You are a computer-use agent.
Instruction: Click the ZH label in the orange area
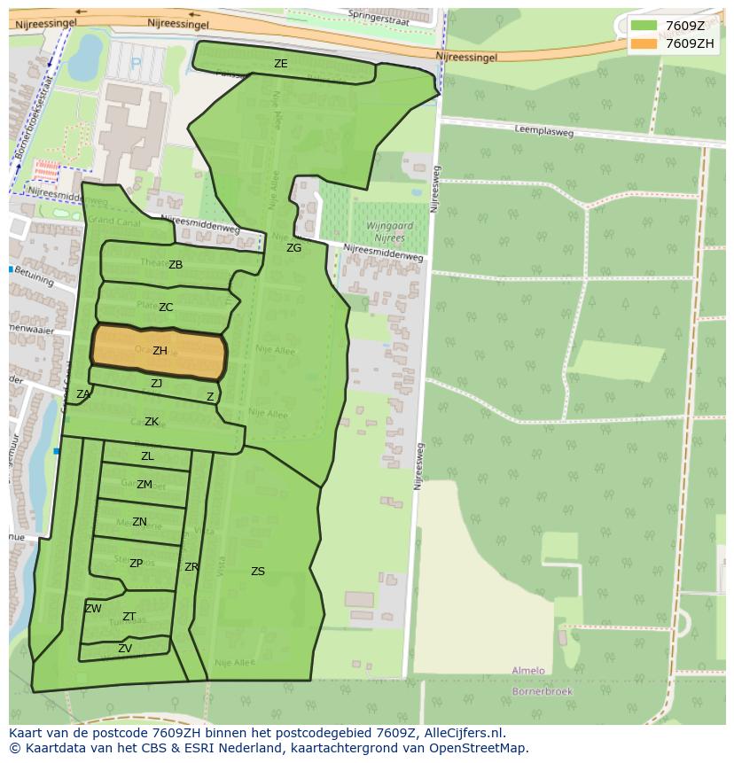pyautogui.click(x=160, y=351)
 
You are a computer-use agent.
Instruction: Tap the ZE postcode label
pyautogui.click(x=280, y=64)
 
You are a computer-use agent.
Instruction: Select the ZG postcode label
pyautogui.click(x=293, y=248)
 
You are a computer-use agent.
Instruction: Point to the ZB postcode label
pyautogui.click(x=176, y=265)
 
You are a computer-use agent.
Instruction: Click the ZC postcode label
pyautogui.click(x=166, y=308)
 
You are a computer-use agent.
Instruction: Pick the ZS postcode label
pyautogui.click(x=257, y=572)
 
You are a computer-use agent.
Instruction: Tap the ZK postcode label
pyautogui.click(x=152, y=422)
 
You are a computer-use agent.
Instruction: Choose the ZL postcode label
pyautogui.click(x=147, y=456)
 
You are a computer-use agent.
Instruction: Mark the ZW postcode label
pyautogui.click(x=93, y=609)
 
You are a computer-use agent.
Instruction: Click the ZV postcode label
pyautogui.click(x=125, y=649)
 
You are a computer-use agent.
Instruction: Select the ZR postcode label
pyautogui.click(x=191, y=567)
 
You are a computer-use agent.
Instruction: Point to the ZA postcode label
pyautogui.click(x=83, y=394)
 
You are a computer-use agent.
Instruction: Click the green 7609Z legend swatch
pyautogui.click(x=644, y=26)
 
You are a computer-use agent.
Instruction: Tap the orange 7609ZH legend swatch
pyautogui.click(x=644, y=43)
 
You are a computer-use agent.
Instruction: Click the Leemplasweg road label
pyautogui.click(x=543, y=131)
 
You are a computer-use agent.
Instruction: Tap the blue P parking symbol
pyautogui.click(x=136, y=63)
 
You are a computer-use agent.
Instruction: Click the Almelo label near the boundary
pyautogui.click(x=528, y=671)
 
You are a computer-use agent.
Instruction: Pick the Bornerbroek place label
pyautogui.click(x=543, y=691)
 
